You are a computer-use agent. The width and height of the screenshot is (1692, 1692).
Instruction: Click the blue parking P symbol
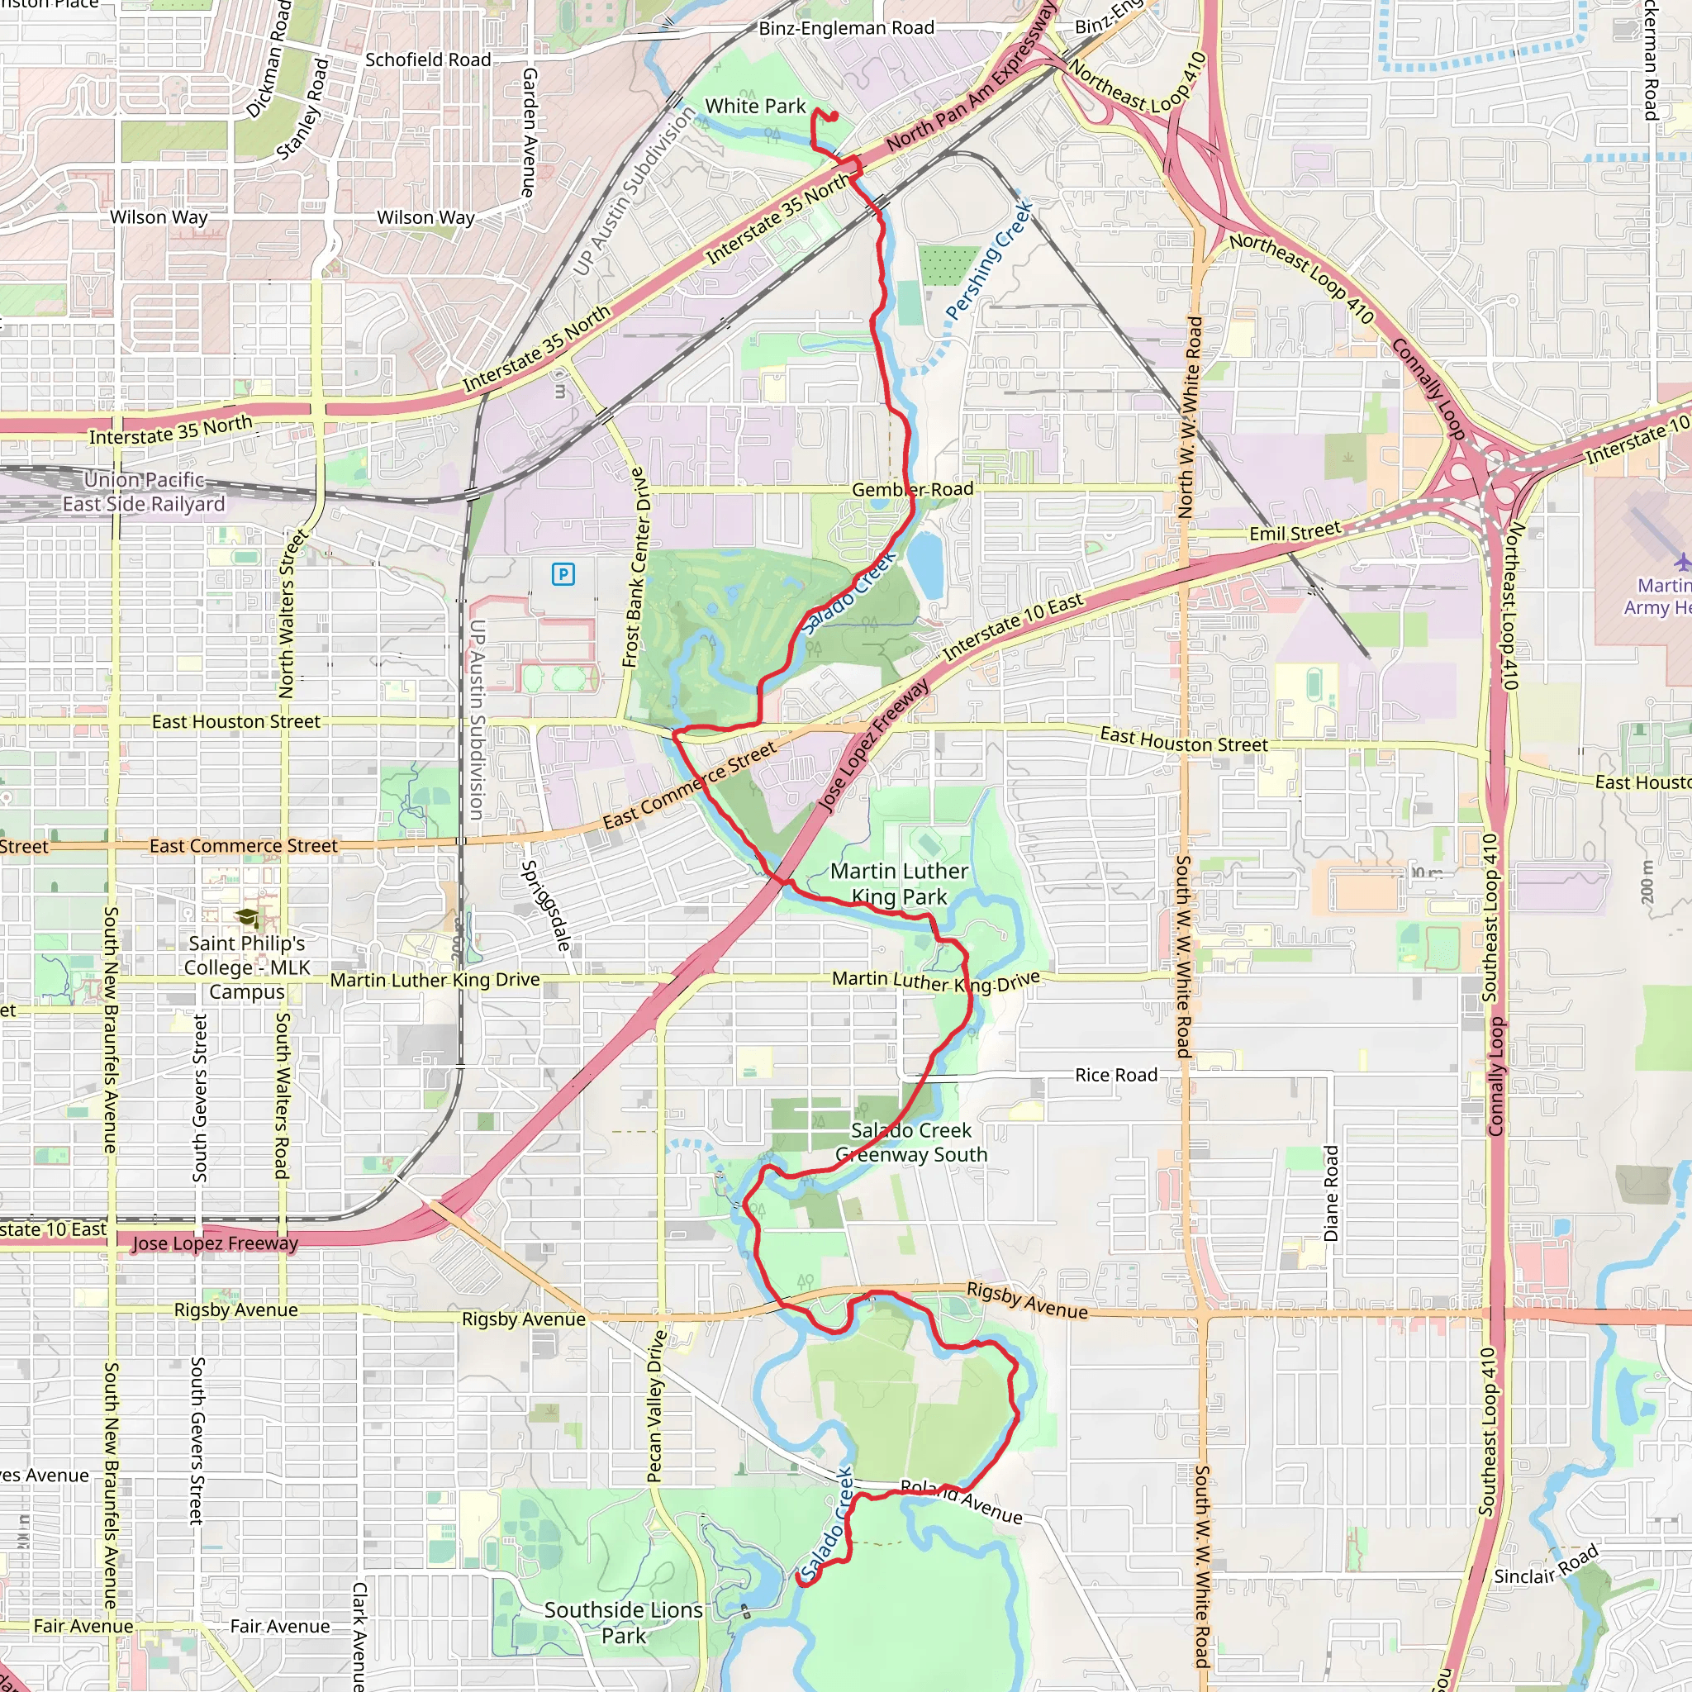(563, 574)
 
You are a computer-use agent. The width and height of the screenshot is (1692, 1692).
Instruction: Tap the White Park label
(755, 106)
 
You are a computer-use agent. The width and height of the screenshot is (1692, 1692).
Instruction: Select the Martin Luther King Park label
(899, 884)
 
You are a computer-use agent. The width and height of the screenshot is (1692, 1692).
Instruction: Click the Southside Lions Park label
(624, 1623)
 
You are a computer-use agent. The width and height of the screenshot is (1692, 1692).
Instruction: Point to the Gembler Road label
(913, 490)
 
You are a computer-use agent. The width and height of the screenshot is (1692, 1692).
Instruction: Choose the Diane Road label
(1331, 1193)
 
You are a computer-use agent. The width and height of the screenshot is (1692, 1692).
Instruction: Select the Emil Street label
(1295, 531)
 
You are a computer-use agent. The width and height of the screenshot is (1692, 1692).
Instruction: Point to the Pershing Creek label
(989, 261)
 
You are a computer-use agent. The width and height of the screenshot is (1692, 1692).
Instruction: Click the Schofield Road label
(427, 59)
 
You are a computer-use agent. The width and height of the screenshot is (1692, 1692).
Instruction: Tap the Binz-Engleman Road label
(846, 28)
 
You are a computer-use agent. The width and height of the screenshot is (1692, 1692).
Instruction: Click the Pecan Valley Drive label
(656, 1406)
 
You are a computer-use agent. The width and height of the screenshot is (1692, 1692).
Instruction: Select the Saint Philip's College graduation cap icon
(248, 917)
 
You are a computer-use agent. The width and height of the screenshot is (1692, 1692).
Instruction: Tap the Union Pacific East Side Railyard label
(145, 492)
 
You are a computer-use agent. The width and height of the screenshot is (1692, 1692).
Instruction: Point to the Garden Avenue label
(529, 132)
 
